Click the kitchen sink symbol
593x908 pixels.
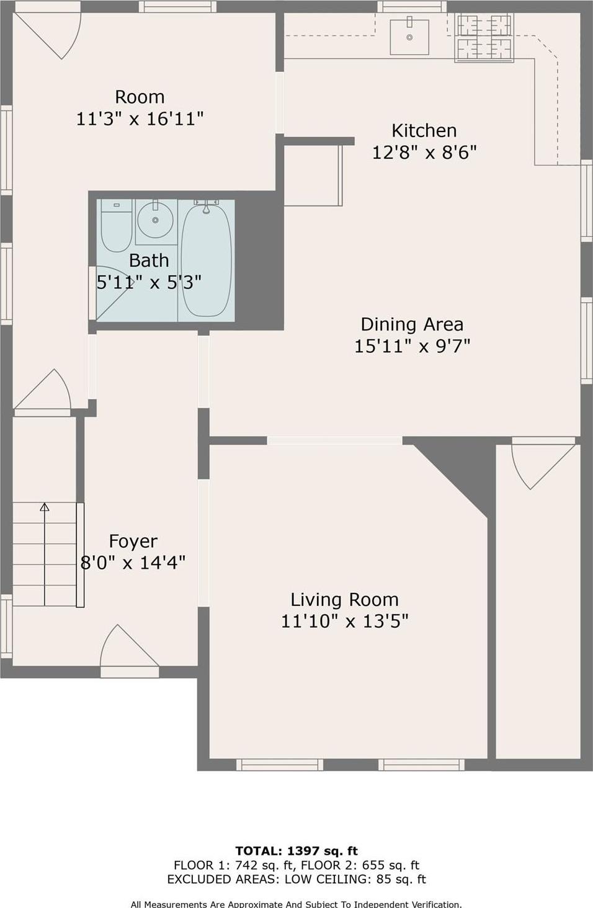tap(409, 37)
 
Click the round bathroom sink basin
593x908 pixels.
tap(155, 220)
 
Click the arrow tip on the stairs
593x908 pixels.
tap(45, 506)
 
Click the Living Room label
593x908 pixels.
tap(344, 600)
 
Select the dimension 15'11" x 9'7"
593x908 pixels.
tap(412, 346)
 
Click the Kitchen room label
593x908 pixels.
tap(424, 131)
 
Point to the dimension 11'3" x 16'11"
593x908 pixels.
tap(140, 118)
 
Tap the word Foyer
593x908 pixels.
tap(133, 541)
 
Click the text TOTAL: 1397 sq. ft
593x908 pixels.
tap(296, 851)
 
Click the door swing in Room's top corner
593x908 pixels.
tap(53, 34)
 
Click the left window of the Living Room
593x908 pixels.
tap(280, 765)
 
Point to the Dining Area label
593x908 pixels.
tap(412, 324)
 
